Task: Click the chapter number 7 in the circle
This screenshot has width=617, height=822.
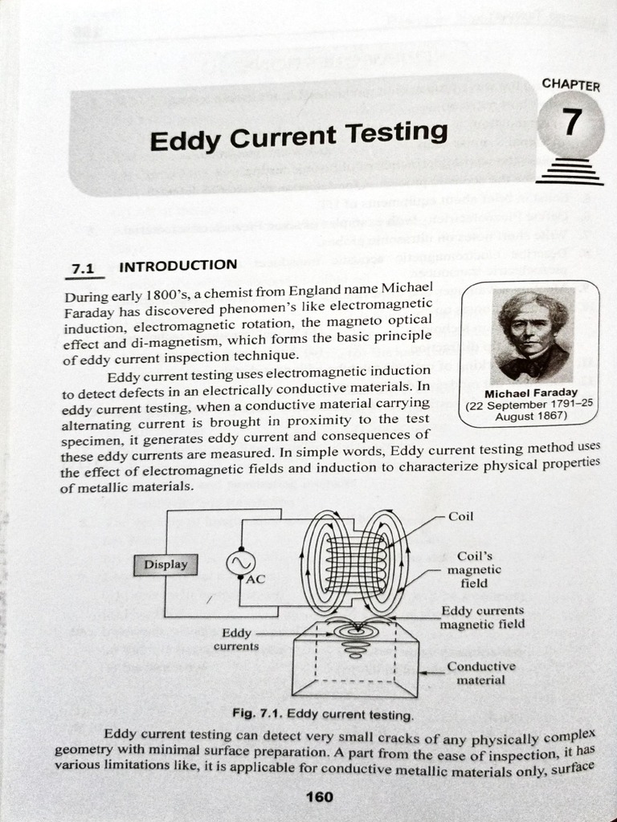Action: click(570, 123)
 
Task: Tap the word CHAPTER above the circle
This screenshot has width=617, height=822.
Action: click(570, 84)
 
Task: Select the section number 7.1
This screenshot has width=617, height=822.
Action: click(84, 270)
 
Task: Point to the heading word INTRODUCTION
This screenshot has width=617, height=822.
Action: click(178, 265)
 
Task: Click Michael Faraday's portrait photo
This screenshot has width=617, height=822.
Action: click(533, 336)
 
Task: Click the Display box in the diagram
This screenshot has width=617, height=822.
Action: click(165, 564)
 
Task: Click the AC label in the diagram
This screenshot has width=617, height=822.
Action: click(255, 579)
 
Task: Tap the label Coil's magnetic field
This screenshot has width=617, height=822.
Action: click(474, 569)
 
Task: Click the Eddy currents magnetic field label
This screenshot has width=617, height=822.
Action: click(483, 617)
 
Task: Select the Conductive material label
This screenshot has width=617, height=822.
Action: click(481, 673)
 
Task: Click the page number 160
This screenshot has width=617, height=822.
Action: click(320, 797)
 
